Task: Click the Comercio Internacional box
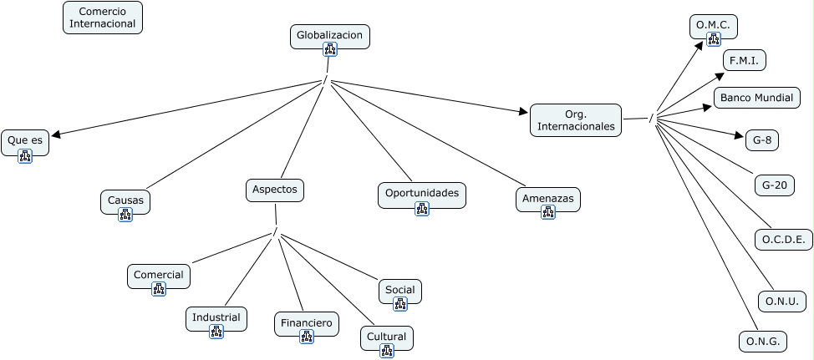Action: tap(103, 18)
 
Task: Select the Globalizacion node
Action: tap(329, 36)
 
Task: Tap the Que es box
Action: tap(25, 143)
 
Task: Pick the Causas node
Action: tap(125, 202)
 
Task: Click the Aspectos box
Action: tap(275, 190)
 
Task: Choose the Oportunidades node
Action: tap(422, 195)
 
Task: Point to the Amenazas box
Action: tap(548, 199)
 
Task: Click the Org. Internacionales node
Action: tap(576, 120)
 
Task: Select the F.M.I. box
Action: tap(745, 61)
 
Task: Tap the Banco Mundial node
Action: tap(757, 98)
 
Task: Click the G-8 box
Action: tap(762, 140)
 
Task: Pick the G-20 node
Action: tap(775, 185)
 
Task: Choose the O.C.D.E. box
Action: tap(784, 240)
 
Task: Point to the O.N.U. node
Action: tap(782, 302)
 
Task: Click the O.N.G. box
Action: tap(763, 342)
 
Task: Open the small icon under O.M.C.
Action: tap(714, 39)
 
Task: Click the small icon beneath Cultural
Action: tap(387, 351)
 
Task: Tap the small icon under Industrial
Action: tap(216, 332)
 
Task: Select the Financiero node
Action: tap(307, 324)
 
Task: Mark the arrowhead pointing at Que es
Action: tap(56, 134)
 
